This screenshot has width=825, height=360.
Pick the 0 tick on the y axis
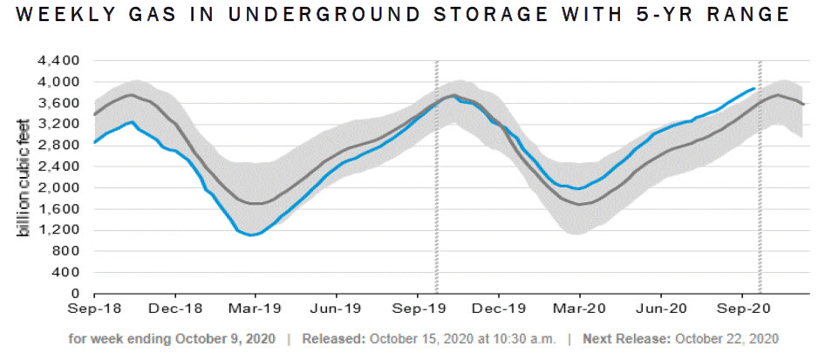click(76, 294)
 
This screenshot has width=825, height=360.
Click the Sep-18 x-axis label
click(94, 309)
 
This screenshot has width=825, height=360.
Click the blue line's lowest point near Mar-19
click(250, 234)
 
